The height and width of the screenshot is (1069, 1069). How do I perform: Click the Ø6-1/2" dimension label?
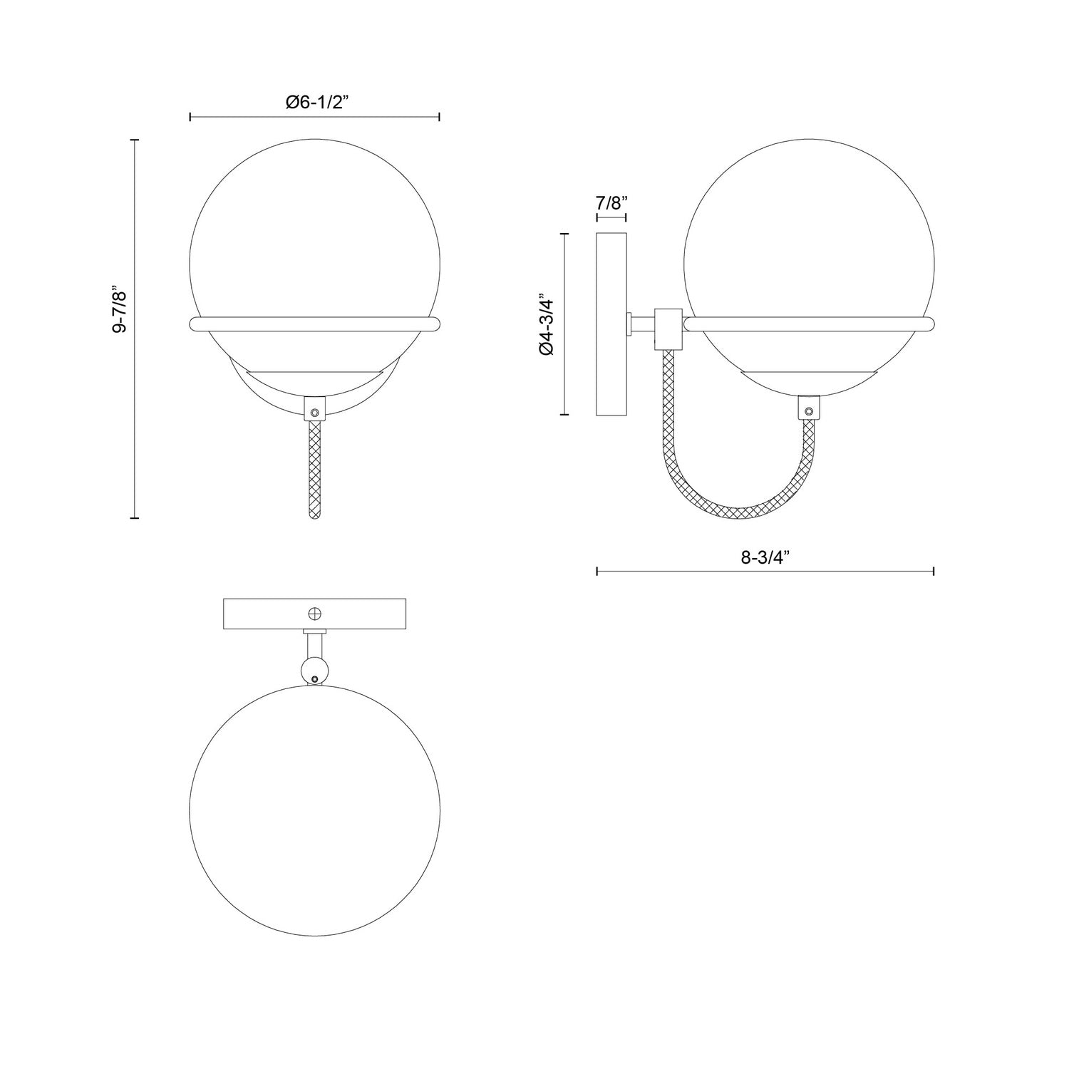314,103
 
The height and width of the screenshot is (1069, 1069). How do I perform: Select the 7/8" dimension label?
611,202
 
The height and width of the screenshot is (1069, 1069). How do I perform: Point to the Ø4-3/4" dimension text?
546,324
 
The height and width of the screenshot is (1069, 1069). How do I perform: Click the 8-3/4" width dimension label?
765,558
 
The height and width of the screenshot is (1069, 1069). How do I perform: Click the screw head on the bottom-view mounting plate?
314,614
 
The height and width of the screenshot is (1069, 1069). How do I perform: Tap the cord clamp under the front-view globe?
314,410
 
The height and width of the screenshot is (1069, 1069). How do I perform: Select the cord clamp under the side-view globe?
808,407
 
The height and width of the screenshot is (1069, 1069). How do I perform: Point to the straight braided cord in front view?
314,470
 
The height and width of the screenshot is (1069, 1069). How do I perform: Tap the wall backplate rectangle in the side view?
611,324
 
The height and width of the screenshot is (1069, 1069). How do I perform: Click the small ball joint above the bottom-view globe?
314,669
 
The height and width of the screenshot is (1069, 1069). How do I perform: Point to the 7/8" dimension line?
611,215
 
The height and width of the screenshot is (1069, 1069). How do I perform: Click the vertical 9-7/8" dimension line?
135,329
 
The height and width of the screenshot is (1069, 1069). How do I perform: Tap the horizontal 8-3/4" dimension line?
765,571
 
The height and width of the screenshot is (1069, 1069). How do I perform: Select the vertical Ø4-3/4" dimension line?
565,324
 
